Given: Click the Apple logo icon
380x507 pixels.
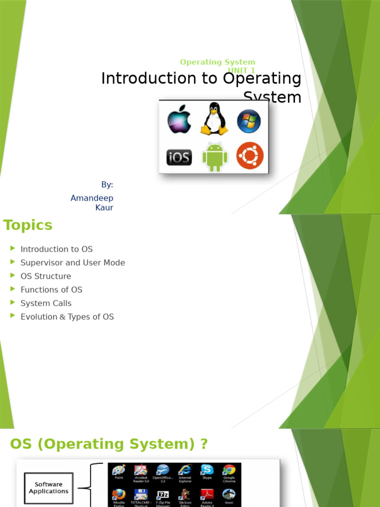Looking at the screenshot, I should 179,119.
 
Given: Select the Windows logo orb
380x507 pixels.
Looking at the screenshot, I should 249,121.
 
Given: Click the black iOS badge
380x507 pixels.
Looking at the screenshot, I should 179,157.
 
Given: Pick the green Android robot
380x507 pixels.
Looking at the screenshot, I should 215,157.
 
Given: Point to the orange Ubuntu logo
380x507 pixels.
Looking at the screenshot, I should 250,155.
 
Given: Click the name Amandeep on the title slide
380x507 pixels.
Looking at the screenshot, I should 92,198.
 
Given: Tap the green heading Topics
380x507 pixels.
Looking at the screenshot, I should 28,225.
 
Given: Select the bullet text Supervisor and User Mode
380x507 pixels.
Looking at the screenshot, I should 73,263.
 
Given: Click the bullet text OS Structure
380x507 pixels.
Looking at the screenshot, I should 46,276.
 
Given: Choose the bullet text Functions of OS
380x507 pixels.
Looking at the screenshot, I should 51,290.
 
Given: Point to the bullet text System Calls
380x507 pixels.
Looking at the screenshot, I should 46,303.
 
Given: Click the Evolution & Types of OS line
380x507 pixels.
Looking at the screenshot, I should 67,317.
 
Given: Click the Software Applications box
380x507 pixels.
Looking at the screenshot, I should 48,488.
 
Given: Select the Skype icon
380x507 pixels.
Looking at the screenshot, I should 207,470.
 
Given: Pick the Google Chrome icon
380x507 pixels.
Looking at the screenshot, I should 229,470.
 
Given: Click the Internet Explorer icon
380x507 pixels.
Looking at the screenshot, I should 185,470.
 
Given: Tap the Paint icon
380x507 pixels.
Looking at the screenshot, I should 119,470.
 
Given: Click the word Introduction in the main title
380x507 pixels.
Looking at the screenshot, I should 142,79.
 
